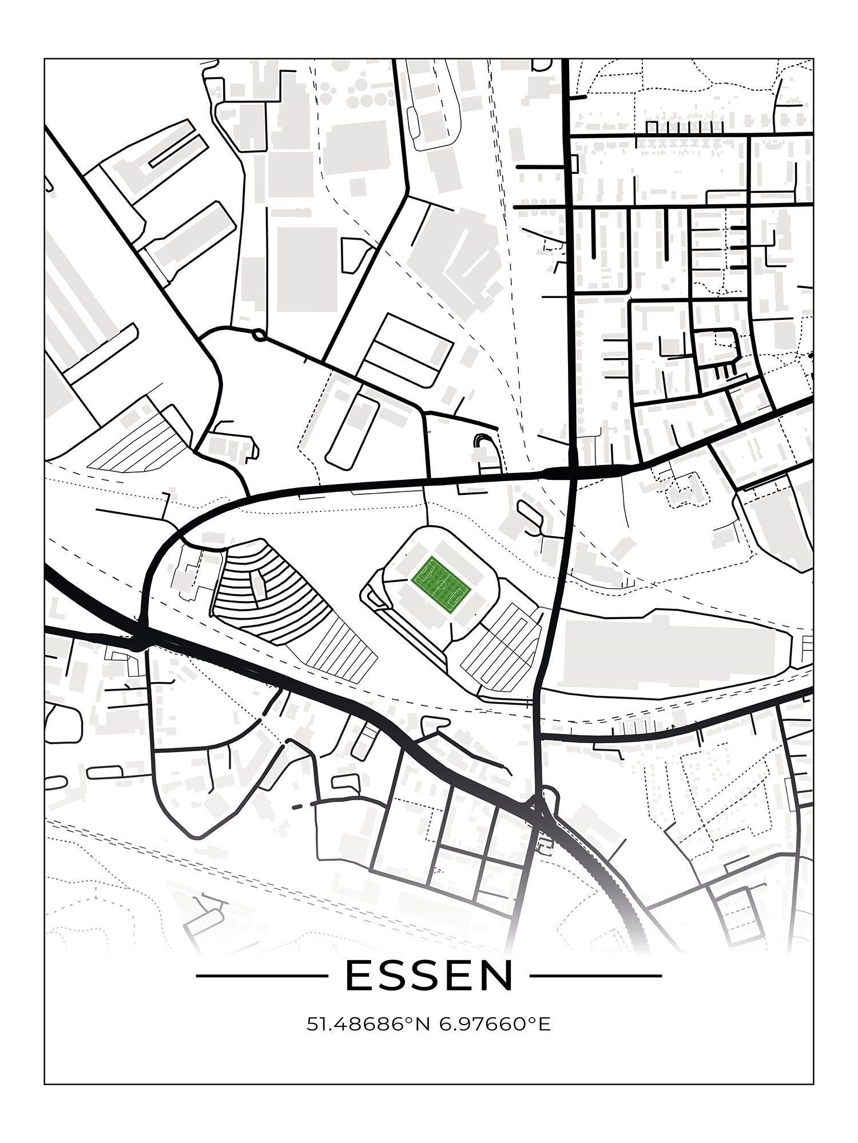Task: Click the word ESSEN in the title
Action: (429, 977)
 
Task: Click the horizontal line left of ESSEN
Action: (258, 976)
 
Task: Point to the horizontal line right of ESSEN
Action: (595, 976)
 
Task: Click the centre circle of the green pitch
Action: (441, 585)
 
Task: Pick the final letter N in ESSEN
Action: (496, 977)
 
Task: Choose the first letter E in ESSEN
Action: (360, 977)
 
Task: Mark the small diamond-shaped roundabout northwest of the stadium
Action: (259, 335)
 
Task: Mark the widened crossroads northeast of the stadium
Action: (572, 473)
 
